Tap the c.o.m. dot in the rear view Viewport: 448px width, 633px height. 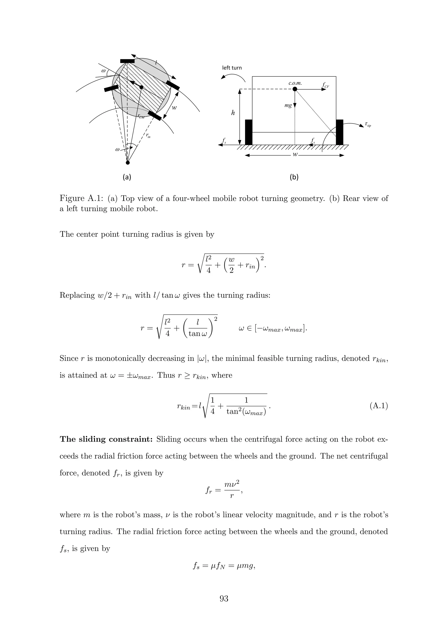point(295,89)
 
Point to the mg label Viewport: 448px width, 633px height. point(288,106)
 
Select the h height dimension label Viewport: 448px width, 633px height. point(233,113)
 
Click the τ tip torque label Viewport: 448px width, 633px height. point(368,125)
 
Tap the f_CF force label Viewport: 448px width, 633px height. point(325,85)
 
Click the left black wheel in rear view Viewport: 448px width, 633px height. point(248,132)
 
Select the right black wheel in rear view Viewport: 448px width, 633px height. point(339,132)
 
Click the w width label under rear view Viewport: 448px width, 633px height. point(295,155)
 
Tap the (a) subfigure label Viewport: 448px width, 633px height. point(127,177)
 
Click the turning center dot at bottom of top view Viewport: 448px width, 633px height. point(128,163)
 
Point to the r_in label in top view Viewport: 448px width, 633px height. point(148,136)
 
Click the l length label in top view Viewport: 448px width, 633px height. point(156,63)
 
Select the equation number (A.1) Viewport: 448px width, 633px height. point(378,406)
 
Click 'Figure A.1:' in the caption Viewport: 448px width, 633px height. point(82,198)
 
